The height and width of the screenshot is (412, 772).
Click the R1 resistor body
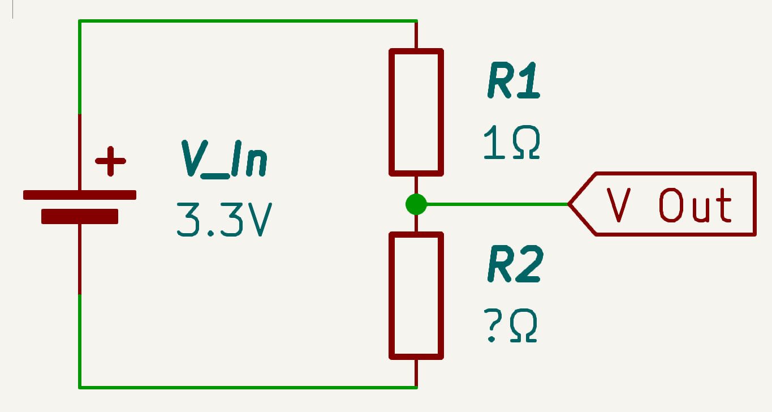pos(416,111)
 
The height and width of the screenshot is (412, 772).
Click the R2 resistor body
pos(416,295)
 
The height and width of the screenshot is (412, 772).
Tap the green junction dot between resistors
pos(416,204)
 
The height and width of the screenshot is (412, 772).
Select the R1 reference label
pos(513,83)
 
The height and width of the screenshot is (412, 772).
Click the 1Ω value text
pos(512,143)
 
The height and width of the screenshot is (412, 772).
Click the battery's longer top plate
pos(80,195)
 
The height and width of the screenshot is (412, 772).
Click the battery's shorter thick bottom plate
pos(80,216)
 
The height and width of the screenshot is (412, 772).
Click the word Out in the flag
pos(696,204)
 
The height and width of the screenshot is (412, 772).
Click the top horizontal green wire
pos(249,21)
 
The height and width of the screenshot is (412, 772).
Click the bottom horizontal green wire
pos(249,387)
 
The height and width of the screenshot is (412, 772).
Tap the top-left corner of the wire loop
pos(80,21)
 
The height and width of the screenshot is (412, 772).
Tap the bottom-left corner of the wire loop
pos(80,387)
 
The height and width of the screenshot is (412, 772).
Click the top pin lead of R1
pos(416,35)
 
